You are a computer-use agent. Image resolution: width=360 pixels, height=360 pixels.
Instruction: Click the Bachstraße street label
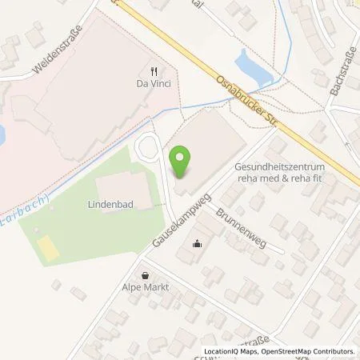341,73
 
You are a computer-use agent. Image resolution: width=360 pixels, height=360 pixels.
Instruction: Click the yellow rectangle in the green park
50,250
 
